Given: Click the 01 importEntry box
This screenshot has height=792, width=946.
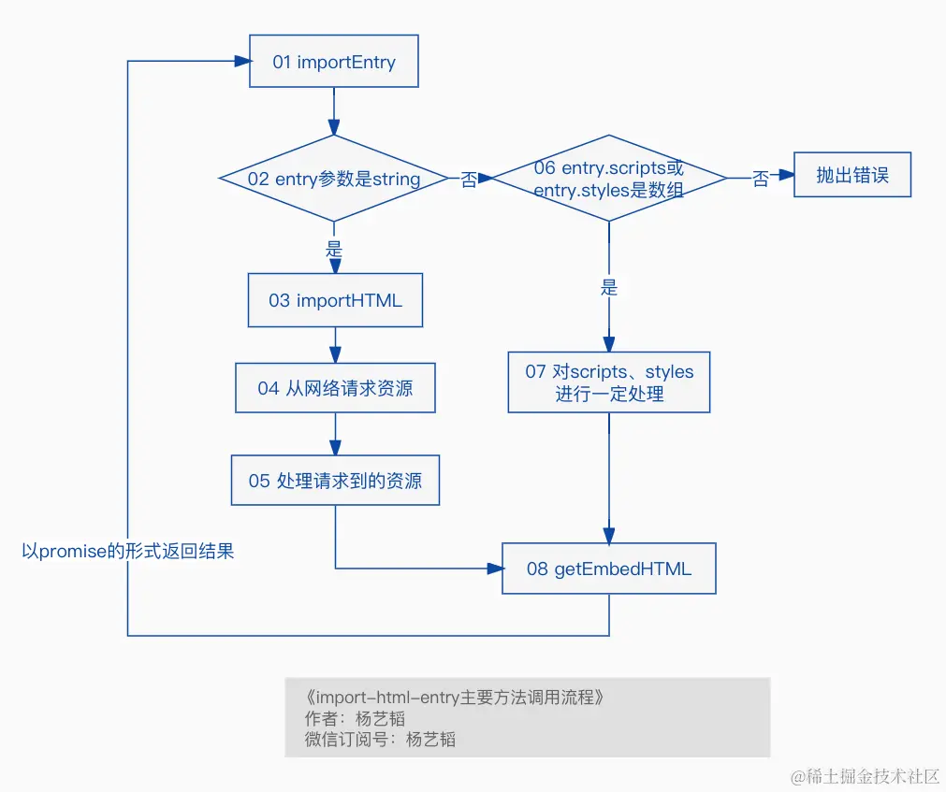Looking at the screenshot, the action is [x=334, y=61].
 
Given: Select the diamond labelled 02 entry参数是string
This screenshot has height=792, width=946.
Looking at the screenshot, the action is [x=334, y=179].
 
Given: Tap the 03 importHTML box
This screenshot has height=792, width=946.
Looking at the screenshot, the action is [x=335, y=300].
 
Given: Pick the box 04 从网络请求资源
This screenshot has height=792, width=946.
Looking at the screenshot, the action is [x=335, y=387].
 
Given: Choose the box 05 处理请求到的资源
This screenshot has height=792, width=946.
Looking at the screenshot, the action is [x=335, y=481].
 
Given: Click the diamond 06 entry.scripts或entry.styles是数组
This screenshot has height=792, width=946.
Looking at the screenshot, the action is [x=609, y=179].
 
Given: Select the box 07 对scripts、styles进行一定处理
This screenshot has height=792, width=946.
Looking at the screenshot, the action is [x=609, y=382].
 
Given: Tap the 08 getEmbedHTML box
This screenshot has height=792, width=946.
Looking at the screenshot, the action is [x=609, y=569].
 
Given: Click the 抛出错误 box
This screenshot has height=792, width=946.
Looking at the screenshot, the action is [x=851, y=175].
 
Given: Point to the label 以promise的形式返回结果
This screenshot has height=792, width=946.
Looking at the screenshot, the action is [x=128, y=551].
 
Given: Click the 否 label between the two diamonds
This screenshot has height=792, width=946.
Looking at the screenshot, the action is [x=469, y=179].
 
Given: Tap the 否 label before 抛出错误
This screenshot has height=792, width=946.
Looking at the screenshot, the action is [x=761, y=179].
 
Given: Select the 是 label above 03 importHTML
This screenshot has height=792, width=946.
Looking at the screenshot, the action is [x=334, y=249].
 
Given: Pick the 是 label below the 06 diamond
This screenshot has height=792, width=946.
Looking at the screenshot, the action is [x=609, y=287].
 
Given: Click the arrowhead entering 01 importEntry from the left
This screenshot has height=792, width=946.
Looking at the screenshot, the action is [x=242, y=61].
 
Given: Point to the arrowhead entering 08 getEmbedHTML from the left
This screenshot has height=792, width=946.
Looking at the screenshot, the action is [x=495, y=569].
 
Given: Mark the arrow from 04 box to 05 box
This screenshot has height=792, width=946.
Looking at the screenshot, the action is [x=335, y=434].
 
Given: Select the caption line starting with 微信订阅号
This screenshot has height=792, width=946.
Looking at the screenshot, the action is [x=380, y=739].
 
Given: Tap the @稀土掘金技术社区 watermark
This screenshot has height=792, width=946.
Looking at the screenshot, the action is [x=866, y=776].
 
